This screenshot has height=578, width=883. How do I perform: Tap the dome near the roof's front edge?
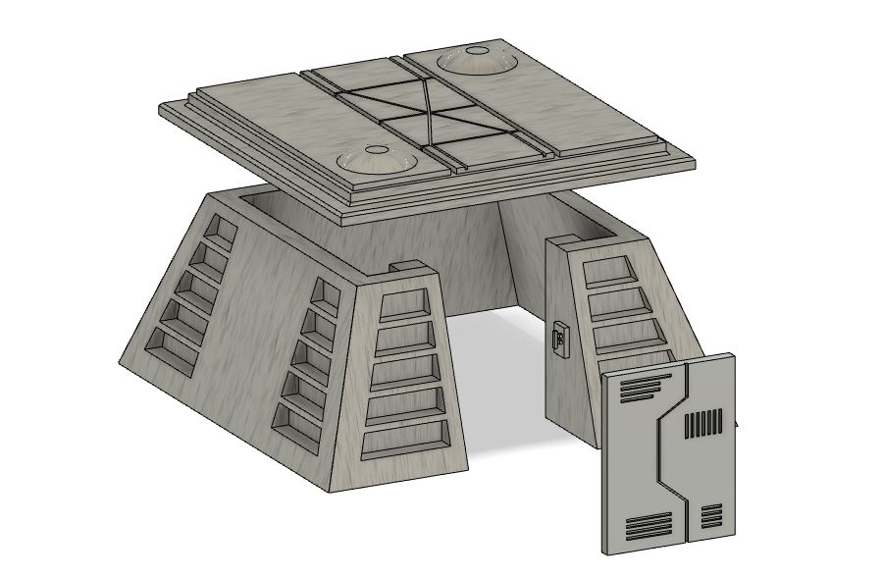[x=376, y=161]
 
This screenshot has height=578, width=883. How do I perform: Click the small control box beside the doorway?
[x=558, y=340]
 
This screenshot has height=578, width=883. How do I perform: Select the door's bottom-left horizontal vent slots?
[x=649, y=527]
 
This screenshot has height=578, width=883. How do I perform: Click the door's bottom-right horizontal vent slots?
[x=711, y=517]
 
